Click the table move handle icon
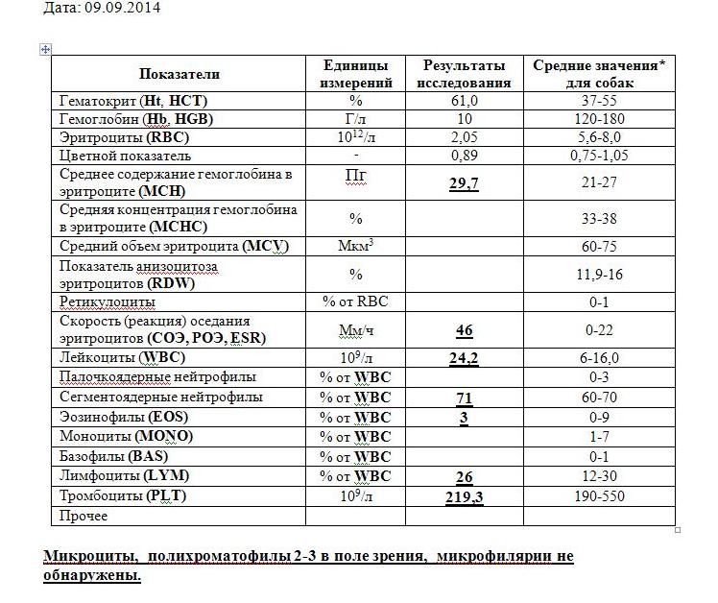[44, 49]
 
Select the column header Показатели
[179, 74]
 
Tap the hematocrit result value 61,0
[464, 101]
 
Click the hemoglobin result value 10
[464, 119]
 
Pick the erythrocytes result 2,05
[464, 137]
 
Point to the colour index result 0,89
[464, 156]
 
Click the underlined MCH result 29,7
[464, 183]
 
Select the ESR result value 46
[464, 330]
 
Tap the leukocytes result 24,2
[464, 358]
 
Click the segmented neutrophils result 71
[464, 398]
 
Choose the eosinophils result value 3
[464, 417]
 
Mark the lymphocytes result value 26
[464, 476]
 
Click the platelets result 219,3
[464, 496]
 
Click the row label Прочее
[84, 517]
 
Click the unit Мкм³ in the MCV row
[355, 247]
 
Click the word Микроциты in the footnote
[88, 557]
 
